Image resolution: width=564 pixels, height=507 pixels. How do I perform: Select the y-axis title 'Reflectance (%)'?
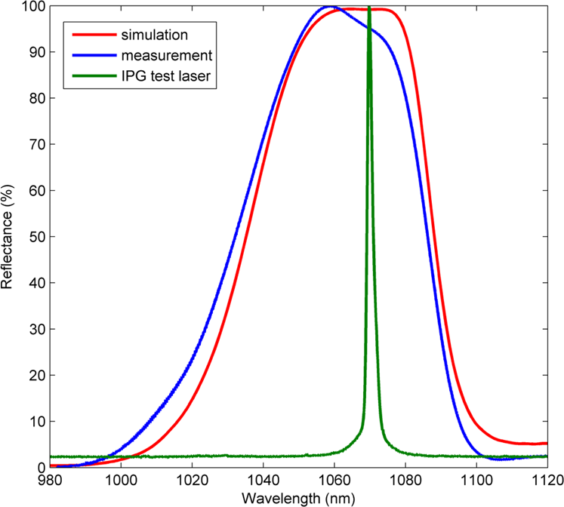[8, 236]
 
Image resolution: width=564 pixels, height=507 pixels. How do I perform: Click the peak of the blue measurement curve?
[330, 7]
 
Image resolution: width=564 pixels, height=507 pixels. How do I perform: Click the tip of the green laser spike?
[369, 8]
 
